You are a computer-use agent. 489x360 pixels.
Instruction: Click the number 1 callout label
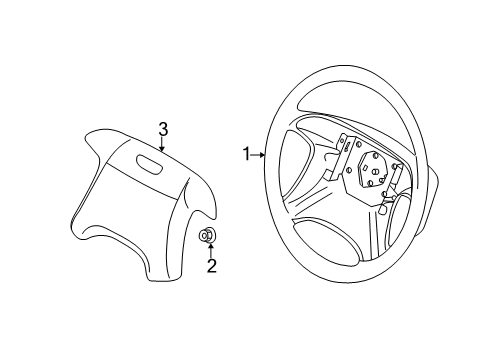pyautogui.click(x=245, y=154)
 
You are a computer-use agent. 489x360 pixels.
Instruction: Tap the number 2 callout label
pyautogui.click(x=211, y=265)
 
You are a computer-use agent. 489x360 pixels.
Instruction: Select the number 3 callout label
pyautogui.click(x=163, y=127)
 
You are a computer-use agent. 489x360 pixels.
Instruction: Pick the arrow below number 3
pyautogui.click(x=163, y=144)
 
